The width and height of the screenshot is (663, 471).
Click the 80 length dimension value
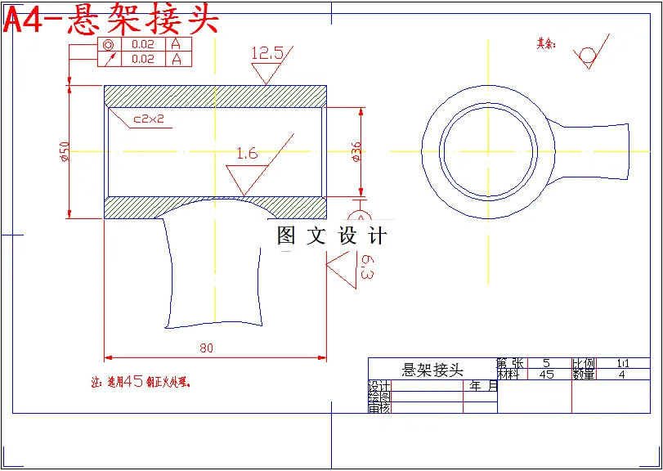pyautogui.click(x=206, y=348)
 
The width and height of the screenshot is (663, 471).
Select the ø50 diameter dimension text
pyautogui.click(x=65, y=150)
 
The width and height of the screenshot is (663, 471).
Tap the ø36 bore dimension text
pyautogui.click(x=356, y=152)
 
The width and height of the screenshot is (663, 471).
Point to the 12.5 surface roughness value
pyautogui.click(x=267, y=53)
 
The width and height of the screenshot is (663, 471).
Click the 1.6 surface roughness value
pyautogui.click(x=246, y=153)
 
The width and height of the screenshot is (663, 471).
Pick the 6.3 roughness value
pyautogui.click(x=367, y=267)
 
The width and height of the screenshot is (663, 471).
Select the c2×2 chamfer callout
pyautogui.click(x=150, y=119)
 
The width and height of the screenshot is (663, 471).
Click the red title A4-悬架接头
pyautogui.click(x=111, y=20)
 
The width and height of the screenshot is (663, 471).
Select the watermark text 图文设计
pyautogui.click(x=331, y=236)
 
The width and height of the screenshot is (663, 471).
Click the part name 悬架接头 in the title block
pyautogui.click(x=432, y=370)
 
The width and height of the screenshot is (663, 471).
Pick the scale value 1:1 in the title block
pyautogui.click(x=623, y=362)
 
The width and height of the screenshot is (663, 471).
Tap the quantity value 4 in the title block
pyautogui.click(x=622, y=375)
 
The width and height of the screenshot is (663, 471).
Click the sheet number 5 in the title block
pyautogui.click(x=546, y=362)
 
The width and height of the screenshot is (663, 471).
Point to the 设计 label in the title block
pyautogui.click(x=379, y=385)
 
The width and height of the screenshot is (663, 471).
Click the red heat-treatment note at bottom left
pyautogui.click(x=144, y=381)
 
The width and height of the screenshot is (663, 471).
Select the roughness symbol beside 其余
pyautogui.click(x=589, y=53)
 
